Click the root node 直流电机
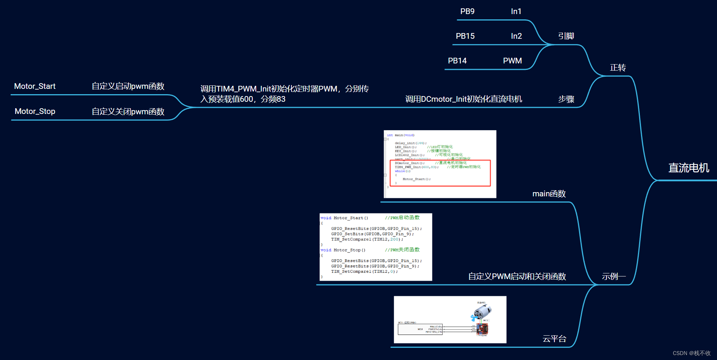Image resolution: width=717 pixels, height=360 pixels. pos(689,168)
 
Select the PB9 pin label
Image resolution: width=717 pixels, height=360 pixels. pos(467,11)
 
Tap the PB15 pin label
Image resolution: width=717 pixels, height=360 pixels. pos(465,36)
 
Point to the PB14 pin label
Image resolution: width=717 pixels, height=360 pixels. pos(457,61)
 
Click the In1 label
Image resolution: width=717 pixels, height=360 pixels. pos(516,11)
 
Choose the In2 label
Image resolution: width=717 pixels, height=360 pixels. pos(516,36)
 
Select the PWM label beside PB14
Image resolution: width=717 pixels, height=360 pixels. pos(512,61)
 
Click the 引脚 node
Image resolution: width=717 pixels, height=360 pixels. pos(566,36)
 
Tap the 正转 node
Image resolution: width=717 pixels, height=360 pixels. pos(618,68)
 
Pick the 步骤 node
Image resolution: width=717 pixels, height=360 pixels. pos(566,99)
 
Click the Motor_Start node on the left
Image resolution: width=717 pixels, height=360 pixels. pos(35,86)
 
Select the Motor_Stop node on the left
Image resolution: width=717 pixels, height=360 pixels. pos(35,111)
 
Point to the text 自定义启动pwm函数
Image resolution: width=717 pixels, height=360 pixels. pos(128,86)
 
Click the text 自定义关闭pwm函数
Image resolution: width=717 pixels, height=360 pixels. pos(128,112)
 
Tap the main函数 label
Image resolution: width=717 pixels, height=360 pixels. pos(549,194)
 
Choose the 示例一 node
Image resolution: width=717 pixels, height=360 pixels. pos(614,276)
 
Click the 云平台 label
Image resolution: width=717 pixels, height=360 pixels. pos(554,339)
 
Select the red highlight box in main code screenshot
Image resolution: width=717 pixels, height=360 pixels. pos(440,173)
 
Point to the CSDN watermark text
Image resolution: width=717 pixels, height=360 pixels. pos(692,353)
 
